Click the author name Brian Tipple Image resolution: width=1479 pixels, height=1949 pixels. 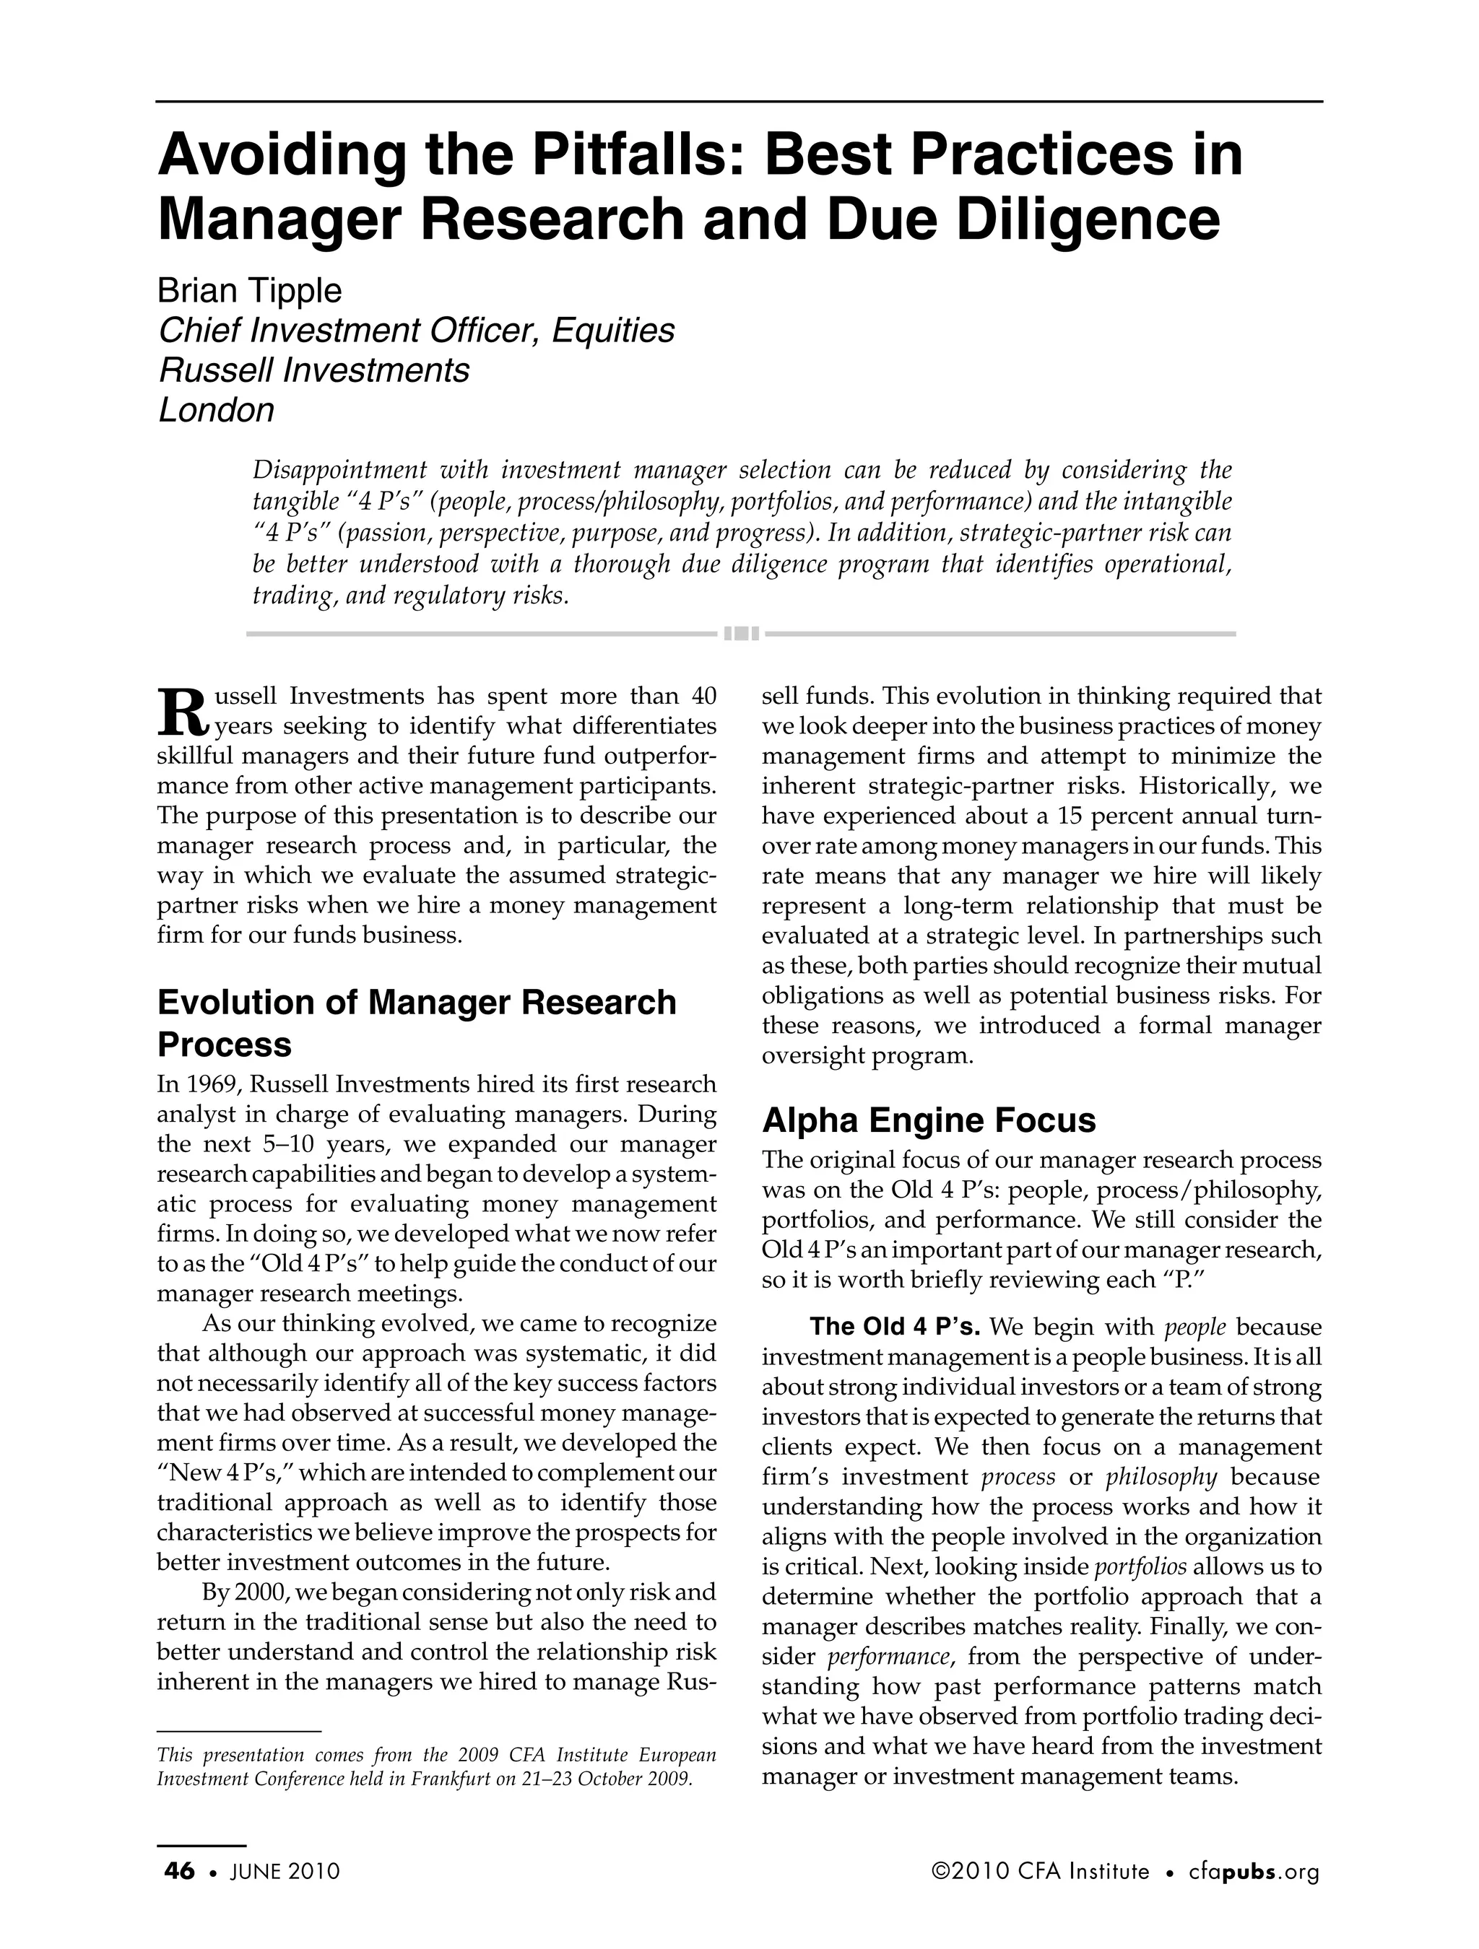[249, 290]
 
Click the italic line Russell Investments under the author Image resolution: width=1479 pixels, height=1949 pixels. [313, 370]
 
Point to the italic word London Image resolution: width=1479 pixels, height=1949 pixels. [216, 410]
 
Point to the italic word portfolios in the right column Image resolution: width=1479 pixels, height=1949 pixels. [1140, 1566]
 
